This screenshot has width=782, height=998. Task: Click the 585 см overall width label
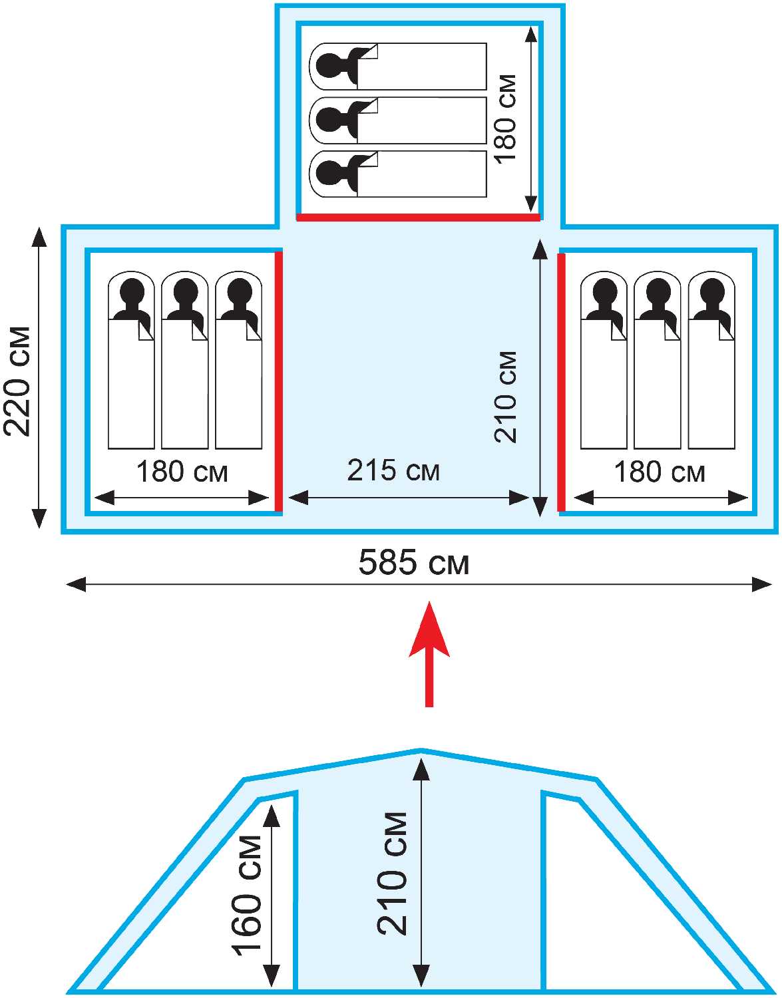click(414, 563)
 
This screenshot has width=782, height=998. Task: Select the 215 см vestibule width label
click(393, 470)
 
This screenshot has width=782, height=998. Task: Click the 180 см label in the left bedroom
click(182, 472)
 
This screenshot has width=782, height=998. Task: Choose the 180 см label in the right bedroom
click(660, 472)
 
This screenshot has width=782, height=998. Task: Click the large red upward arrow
click(429, 655)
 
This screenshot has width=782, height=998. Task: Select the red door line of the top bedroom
click(419, 218)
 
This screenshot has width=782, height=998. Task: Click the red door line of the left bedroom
click(278, 381)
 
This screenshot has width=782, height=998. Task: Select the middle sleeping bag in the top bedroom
click(398, 120)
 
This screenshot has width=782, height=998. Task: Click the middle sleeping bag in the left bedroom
click(184, 360)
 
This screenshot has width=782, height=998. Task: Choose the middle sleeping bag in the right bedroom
click(657, 360)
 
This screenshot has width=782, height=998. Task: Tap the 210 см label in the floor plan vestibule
click(506, 397)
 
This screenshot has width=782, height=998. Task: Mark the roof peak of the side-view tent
click(421, 751)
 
